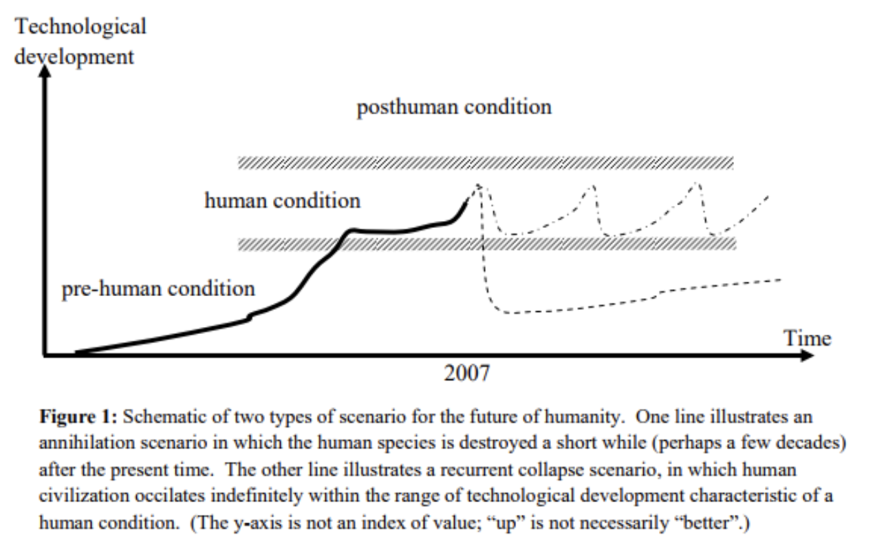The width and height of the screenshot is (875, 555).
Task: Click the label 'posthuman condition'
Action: [x=454, y=107]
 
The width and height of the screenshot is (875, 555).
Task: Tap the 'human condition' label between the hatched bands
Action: [x=282, y=201]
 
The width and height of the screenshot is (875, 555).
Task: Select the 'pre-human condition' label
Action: [x=158, y=288]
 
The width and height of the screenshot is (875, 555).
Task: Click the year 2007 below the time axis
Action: [x=466, y=374]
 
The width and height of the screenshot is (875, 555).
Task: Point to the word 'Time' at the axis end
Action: [x=808, y=338]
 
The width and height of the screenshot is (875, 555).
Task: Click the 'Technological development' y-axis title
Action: [x=80, y=41]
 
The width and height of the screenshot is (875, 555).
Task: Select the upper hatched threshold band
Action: [x=485, y=163]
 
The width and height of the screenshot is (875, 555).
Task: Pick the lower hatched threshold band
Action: [x=485, y=244]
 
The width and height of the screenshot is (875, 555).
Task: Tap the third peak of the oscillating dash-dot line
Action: [x=698, y=183]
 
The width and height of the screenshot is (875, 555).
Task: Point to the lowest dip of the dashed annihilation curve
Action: [x=512, y=313]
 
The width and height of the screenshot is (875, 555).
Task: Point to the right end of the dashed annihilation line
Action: [x=781, y=280]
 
